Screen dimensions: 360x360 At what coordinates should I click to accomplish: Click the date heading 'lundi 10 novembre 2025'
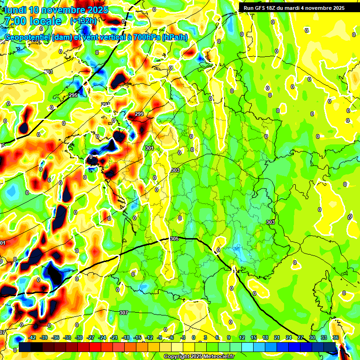point(56,10)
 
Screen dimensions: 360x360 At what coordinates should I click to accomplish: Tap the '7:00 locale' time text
point(33,21)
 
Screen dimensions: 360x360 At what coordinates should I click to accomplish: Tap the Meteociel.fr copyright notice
point(199,357)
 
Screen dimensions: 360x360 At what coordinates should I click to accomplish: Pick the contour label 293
point(48,72)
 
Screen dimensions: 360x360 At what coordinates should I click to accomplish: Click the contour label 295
point(73,95)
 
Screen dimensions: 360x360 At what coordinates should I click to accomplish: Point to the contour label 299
point(139,114)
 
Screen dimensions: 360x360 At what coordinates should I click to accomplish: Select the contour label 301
point(149,149)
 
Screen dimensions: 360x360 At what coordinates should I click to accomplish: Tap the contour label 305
point(174,239)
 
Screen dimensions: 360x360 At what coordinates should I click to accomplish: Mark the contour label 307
point(123,313)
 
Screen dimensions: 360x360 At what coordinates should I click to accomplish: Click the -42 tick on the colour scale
point(33,337)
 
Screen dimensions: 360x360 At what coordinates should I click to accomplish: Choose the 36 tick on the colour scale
point(336,337)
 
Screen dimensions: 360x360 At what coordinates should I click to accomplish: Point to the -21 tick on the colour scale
point(114,337)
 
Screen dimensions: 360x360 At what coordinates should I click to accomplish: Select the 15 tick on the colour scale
point(253,337)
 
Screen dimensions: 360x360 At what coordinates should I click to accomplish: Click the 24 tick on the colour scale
point(289,337)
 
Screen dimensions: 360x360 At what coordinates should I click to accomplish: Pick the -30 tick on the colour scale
point(79,337)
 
